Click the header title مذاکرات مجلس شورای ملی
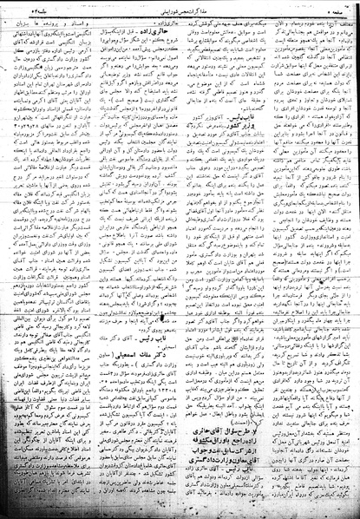(x=179, y=9)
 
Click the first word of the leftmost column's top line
(x=108, y=20)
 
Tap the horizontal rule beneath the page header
(x=179, y=15)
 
